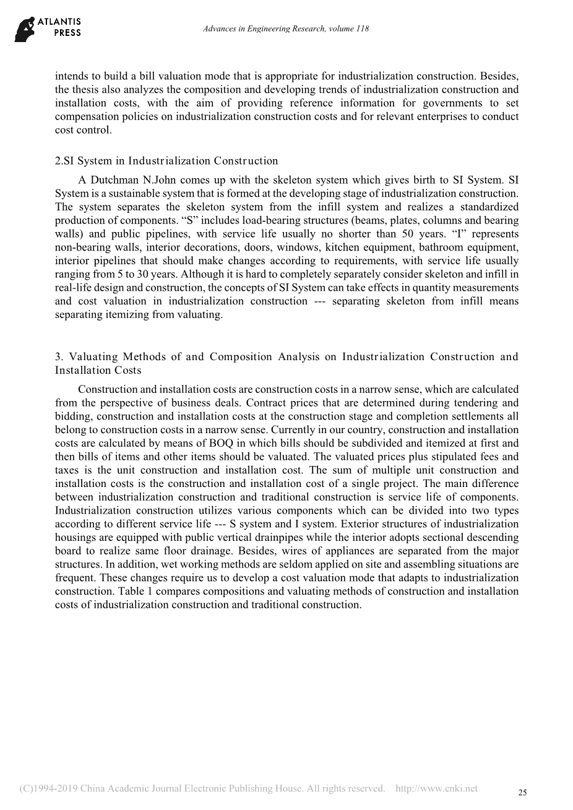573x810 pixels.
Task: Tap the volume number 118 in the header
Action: click(x=363, y=29)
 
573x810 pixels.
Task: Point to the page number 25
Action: click(x=522, y=793)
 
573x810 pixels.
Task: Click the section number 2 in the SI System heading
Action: click(x=58, y=161)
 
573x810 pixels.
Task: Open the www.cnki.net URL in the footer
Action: click(x=436, y=788)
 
